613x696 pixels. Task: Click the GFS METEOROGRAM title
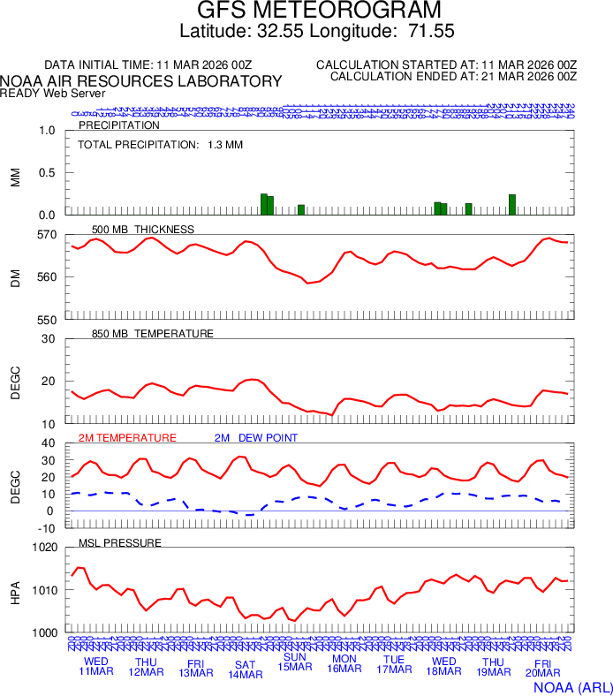click(318, 11)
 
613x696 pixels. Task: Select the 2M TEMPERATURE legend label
click(127, 437)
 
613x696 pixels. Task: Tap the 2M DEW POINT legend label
click(256, 437)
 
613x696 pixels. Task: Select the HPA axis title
click(15, 590)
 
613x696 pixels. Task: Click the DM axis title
click(15, 277)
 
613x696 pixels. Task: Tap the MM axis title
click(15, 173)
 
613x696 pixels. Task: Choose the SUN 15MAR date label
click(294, 662)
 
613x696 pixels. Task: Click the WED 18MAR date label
click(443, 667)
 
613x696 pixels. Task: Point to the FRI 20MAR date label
click(542, 667)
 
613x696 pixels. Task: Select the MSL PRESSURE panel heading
click(120, 542)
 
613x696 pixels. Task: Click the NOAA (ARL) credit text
click(573, 685)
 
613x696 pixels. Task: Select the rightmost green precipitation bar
click(512, 204)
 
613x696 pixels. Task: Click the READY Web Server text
click(52, 93)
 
